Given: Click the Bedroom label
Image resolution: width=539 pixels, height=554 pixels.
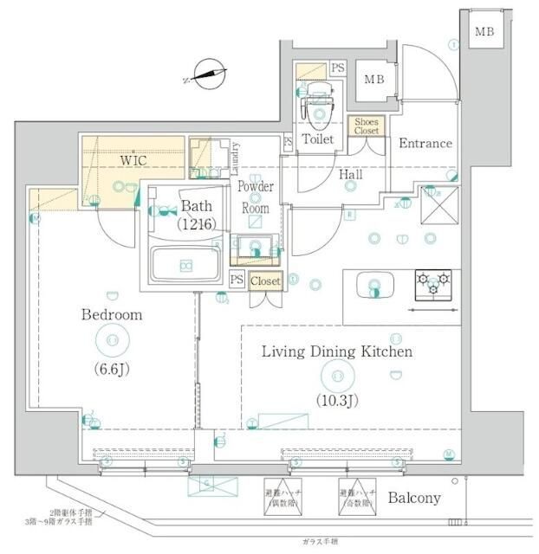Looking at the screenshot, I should (x=111, y=315).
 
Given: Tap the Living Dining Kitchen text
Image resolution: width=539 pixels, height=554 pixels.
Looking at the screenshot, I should (x=337, y=351).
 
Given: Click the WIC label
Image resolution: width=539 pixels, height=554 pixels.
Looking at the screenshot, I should (x=133, y=160).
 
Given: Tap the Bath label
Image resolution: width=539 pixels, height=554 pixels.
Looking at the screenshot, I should (x=196, y=206).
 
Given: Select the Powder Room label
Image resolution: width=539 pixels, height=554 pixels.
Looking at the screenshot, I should (x=255, y=197).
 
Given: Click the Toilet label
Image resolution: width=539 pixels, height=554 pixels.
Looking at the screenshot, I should (x=318, y=138).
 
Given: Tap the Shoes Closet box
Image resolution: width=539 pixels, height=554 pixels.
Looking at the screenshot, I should (x=367, y=126).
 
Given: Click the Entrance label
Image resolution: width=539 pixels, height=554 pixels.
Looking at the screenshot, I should (x=425, y=144).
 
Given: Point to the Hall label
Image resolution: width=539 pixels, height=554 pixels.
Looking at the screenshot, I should (x=350, y=175).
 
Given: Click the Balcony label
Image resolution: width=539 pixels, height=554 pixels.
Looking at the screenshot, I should (x=414, y=498).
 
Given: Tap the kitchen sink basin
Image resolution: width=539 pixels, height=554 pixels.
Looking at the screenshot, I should (x=374, y=287).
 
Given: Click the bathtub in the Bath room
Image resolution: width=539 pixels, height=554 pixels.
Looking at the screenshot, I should (x=185, y=264).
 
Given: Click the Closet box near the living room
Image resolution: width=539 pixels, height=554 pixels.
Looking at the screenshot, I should (x=265, y=280).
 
